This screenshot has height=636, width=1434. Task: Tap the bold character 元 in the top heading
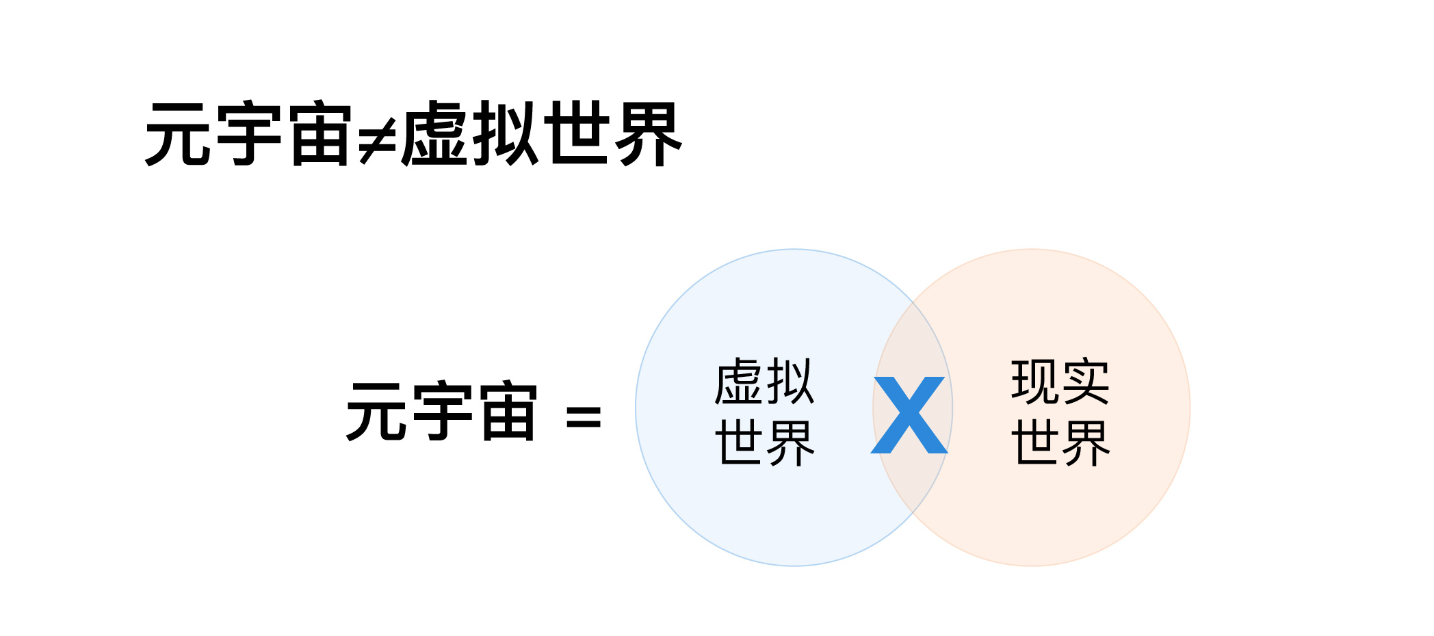[x=179, y=134]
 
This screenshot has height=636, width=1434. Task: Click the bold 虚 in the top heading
[x=436, y=134]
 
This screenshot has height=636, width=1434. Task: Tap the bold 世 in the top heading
[x=577, y=134]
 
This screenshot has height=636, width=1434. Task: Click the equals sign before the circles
[x=584, y=416]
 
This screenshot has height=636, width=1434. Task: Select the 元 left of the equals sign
[x=378, y=411]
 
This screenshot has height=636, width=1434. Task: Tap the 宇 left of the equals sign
[x=442, y=411]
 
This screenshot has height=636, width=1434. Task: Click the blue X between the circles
[x=909, y=415]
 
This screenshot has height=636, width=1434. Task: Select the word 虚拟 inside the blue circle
[x=764, y=382]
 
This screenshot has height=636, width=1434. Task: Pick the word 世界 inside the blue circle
[x=764, y=442]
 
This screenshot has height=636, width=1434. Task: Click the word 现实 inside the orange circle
[x=1060, y=382]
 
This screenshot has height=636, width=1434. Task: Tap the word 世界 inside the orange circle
[x=1060, y=442]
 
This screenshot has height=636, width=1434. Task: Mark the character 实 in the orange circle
[x=1085, y=382]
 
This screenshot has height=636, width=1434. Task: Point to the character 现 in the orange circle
[x=1034, y=382]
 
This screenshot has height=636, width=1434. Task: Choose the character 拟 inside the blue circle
[x=790, y=382]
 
